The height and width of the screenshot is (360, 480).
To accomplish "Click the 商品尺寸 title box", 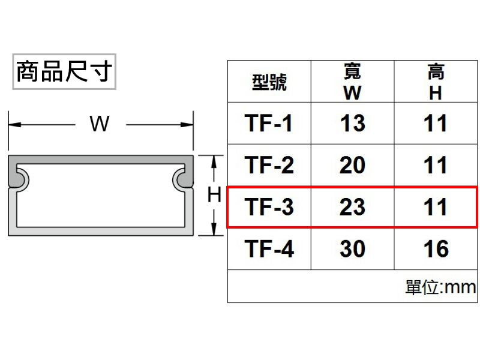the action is [64, 71].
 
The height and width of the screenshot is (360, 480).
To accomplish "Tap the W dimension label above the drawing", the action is [100, 124].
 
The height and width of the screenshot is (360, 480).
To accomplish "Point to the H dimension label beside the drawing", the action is [214, 194].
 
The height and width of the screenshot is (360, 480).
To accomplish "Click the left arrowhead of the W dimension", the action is [14, 125].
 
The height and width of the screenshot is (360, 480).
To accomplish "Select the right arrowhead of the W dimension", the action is [187, 125].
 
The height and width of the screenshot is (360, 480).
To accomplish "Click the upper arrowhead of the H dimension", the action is [214, 161].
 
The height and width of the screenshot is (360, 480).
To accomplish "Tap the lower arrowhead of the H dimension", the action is [214, 229].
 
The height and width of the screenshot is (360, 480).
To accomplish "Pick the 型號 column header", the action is [269, 82].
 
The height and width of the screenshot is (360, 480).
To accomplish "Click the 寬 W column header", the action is [352, 82].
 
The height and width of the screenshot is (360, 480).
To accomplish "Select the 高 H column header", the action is [436, 82].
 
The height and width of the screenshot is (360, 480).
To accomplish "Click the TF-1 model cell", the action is [268, 123].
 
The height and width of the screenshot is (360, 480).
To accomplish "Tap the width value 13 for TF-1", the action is [353, 123].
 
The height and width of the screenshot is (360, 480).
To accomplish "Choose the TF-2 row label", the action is [269, 164].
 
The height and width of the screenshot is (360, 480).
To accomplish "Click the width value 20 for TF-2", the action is [352, 164].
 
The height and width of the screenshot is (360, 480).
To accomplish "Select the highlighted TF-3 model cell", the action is [269, 206].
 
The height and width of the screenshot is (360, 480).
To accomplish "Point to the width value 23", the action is [352, 206].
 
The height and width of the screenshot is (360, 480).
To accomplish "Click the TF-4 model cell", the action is [269, 248].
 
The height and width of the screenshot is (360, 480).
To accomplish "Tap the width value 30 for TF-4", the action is [352, 248].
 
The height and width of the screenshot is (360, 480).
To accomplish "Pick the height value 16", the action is [436, 248].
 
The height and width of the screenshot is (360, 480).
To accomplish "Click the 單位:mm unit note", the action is [440, 287].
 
